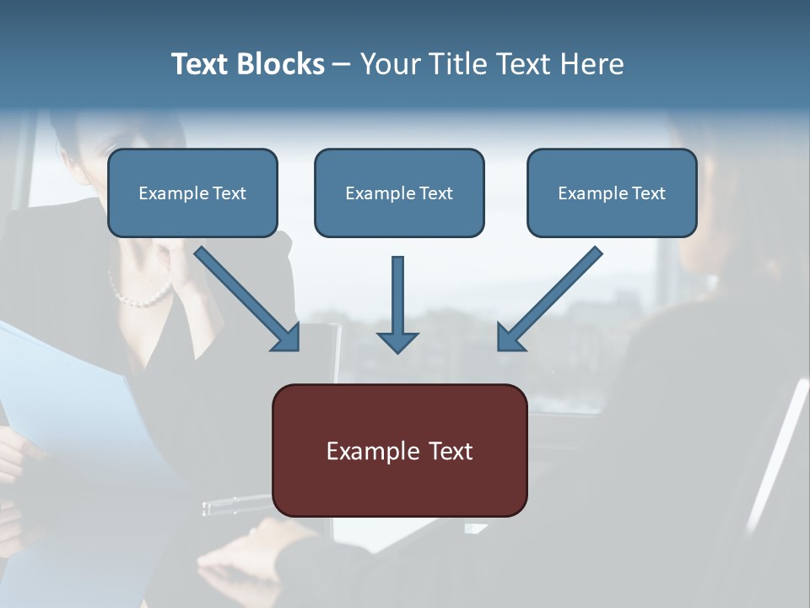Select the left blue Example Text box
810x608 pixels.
pyautogui.click(x=192, y=193)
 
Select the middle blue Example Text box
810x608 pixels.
pyautogui.click(x=399, y=193)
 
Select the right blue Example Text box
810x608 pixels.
pyautogui.click(x=612, y=193)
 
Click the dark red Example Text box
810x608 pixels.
pyautogui.click(x=400, y=451)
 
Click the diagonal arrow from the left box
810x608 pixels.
pyautogui.click(x=245, y=296)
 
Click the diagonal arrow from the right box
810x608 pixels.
pyautogui.click(x=553, y=296)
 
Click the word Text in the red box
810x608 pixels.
pyautogui.click(x=451, y=451)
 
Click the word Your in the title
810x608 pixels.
pyautogui.click(x=389, y=64)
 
